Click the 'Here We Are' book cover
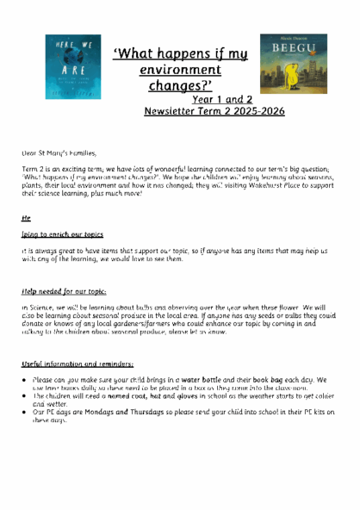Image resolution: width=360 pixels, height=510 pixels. click(x=72, y=66)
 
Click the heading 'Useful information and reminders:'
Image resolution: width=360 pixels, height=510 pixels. click(x=78, y=364)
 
